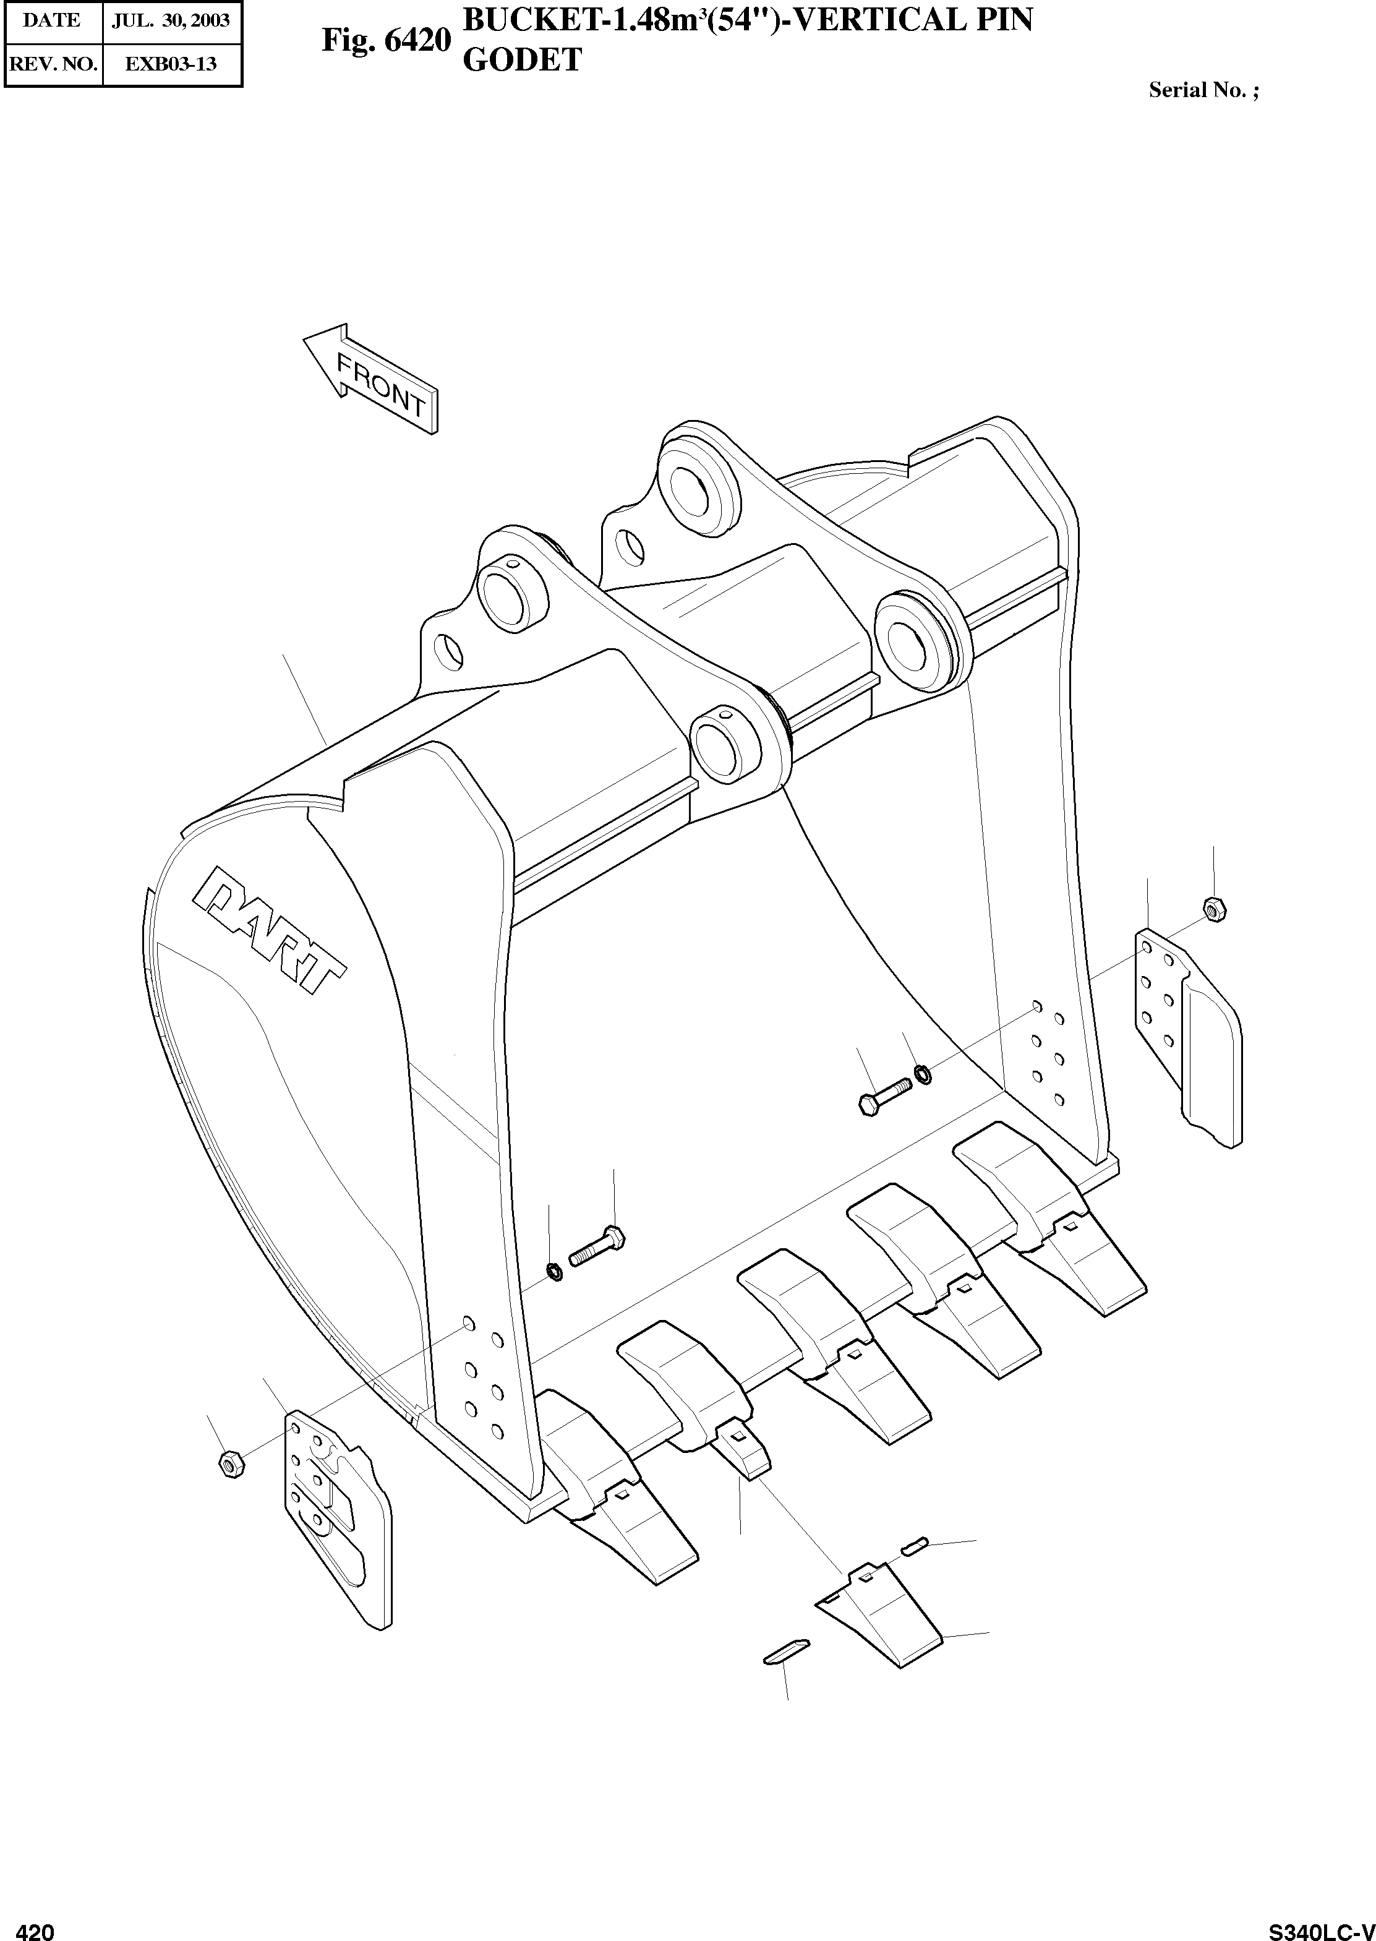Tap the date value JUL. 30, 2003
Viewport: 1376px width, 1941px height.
[x=171, y=20]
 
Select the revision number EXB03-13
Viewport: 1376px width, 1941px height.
[x=171, y=64]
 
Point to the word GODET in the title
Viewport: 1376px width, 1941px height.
[x=521, y=60]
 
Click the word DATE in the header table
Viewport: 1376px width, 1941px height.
[x=52, y=20]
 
